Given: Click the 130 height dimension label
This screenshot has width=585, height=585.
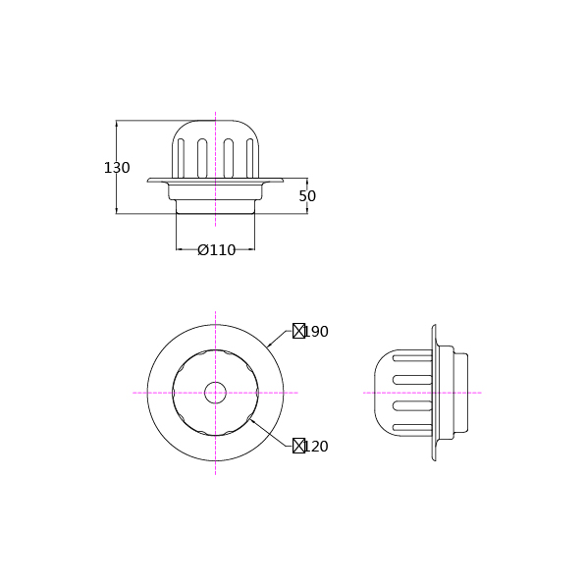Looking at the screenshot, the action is point(117,168).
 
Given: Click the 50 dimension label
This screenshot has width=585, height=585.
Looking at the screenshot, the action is point(307,196).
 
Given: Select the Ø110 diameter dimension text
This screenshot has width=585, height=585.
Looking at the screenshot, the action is point(216,250).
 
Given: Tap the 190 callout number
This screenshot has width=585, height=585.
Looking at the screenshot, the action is point(317,332).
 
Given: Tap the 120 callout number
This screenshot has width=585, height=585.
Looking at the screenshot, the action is point(317,447).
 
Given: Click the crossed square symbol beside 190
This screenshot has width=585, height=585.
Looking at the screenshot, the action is point(298,331).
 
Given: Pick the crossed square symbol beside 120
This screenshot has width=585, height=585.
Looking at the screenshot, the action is point(298,446).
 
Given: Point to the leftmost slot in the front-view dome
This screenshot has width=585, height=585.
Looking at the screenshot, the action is point(181,158).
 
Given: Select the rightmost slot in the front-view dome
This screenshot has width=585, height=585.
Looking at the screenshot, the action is point(250,158).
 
